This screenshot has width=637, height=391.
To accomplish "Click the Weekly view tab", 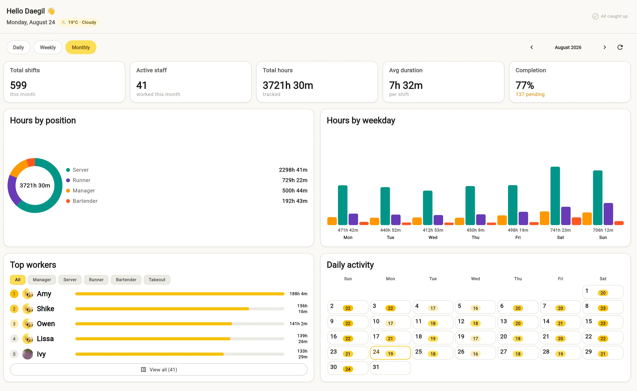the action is [x=48, y=47].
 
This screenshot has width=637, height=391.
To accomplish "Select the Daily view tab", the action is [x=18, y=47].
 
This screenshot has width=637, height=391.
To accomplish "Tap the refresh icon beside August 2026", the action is [x=620, y=47].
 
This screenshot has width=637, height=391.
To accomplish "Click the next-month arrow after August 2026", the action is [x=605, y=47].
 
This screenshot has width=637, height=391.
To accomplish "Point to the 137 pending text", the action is [x=530, y=94].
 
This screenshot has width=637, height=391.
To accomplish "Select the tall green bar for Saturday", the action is [x=555, y=196].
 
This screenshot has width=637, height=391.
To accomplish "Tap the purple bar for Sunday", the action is [x=608, y=214].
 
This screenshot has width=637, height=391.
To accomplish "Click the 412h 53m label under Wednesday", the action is [x=433, y=230].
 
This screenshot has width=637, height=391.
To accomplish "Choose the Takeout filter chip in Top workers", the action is [x=157, y=280].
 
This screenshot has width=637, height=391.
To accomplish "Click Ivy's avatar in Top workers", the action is [x=28, y=354].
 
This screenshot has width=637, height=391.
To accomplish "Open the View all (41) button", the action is [x=159, y=369].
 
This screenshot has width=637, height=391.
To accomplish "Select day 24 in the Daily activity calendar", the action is [x=390, y=353].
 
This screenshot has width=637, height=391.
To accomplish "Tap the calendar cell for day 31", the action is [x=390, y=368].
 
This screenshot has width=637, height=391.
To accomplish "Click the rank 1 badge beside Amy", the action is [x=14, y=294].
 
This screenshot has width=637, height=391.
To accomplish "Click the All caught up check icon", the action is [x=595, y=16].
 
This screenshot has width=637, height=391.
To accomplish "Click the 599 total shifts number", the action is [x=18, y=85].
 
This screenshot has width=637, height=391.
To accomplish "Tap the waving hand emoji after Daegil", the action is [x=51, y=11].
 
